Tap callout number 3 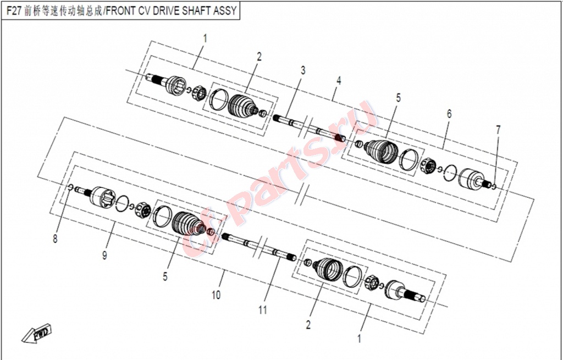303,70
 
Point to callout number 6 449,114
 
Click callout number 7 498,130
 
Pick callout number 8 55,239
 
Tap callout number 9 104,256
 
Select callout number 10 216,295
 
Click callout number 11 263,309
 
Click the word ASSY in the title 227,10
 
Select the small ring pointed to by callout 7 494,186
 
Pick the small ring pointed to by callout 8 71,186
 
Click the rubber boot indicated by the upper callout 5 382,151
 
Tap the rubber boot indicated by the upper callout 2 242,106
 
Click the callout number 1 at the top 205,38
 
